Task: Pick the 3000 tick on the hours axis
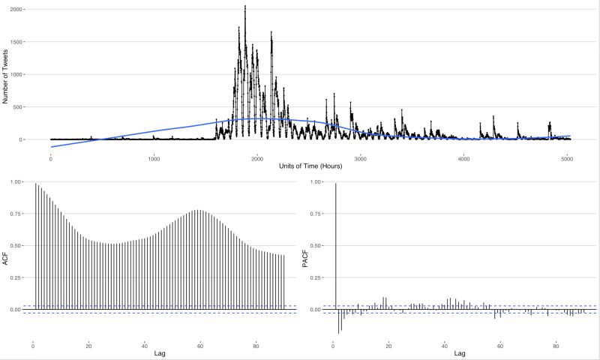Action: pos(360,157)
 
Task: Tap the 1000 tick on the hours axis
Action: pos(154,157)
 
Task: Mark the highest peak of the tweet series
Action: pos(245,7)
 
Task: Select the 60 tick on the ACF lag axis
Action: pos(201,346)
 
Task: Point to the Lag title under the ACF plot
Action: pos(160,353)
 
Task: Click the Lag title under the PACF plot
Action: pos(460,353)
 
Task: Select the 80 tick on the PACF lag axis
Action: pos(556,346)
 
